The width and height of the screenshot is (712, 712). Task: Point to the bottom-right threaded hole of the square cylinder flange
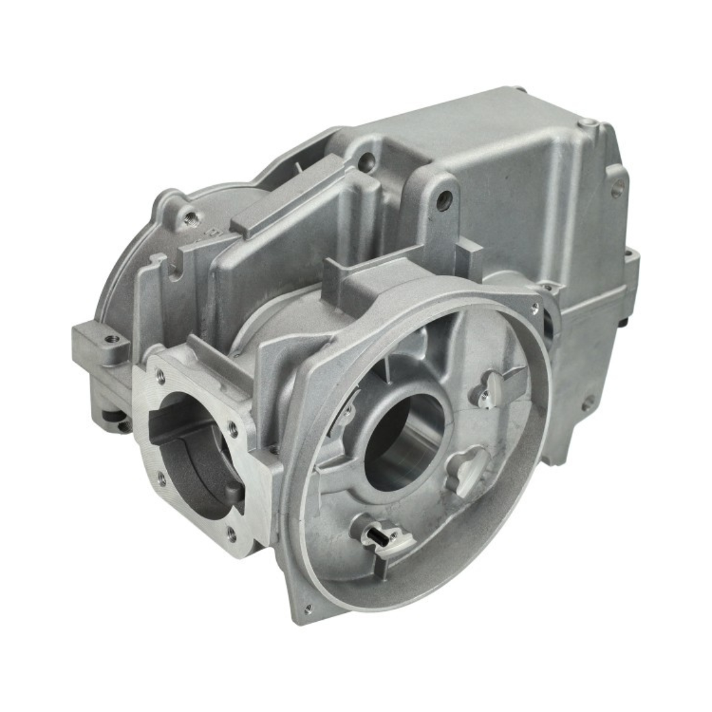231,533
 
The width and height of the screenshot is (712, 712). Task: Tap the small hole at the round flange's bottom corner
307,607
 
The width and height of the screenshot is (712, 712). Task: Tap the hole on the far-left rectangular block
111,339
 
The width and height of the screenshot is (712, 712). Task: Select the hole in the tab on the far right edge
618,189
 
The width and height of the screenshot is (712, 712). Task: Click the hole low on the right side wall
585,401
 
